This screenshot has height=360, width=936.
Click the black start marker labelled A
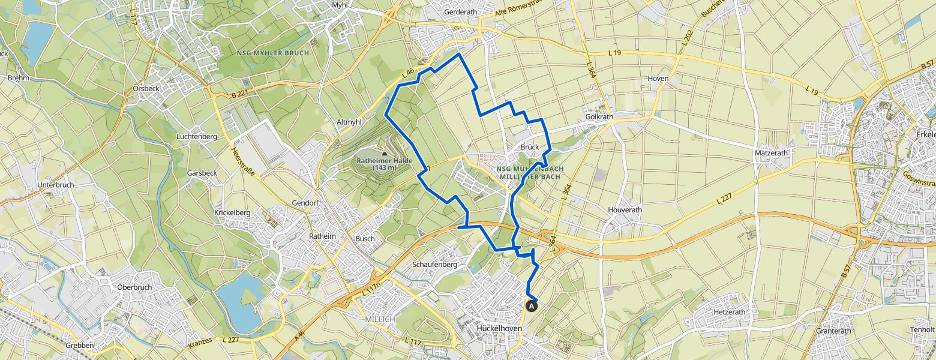click(531, 305)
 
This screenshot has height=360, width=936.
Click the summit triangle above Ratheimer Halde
click(385, 154)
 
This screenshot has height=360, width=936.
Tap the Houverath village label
click(625, 210)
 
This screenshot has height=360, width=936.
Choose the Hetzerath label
click(729, 313)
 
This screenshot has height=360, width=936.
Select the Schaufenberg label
click(435, 264)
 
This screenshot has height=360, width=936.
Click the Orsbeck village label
click(146, 88)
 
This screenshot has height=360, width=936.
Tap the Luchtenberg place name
click(196, 137)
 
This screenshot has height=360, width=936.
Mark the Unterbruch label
click(55, 185)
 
